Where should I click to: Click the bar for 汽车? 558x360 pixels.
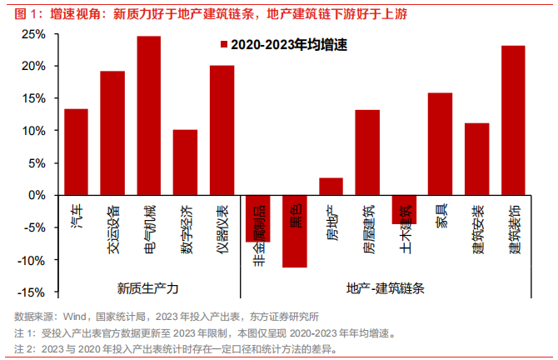[76, 152]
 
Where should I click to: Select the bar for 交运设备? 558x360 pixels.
[112, 133]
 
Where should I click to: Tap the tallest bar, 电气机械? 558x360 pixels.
[148, 116]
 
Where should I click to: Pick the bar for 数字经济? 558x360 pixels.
[185, 162]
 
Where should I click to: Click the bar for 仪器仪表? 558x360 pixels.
[222, 130]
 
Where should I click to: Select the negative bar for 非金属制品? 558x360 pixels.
[258, 217]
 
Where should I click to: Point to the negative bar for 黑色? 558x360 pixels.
[295, 231]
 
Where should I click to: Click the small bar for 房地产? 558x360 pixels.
[331, 187]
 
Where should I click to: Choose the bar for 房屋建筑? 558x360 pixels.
[367, 152]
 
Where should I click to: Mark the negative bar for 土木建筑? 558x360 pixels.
[403, 209]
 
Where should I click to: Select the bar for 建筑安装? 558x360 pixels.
[476, 159]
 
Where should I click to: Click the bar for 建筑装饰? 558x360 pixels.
[513, 120]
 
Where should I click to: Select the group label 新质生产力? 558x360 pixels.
[148, 288]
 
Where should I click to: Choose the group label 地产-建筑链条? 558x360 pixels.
[386, 288]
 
